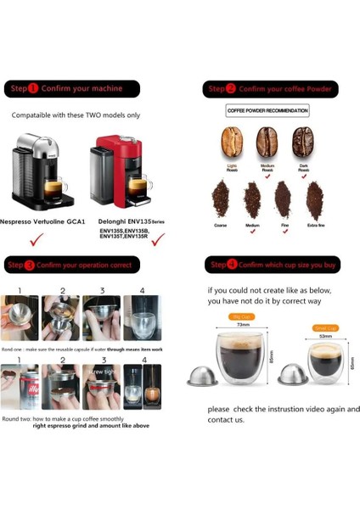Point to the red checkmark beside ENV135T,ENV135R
click(155, 243)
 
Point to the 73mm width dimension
click(244, 324)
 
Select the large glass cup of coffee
click(244, 356)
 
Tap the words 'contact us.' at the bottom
click(226, 419)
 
